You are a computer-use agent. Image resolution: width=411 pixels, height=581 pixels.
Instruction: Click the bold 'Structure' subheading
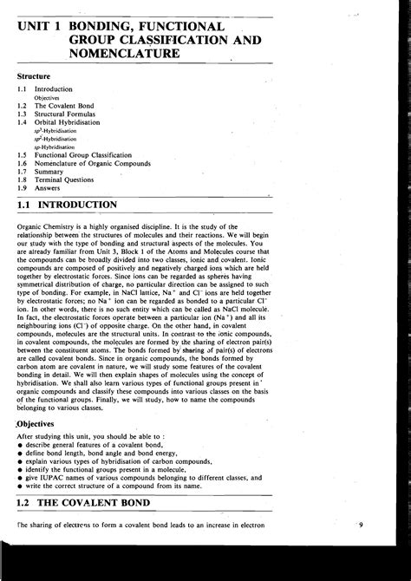click(x=36, y=77)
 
